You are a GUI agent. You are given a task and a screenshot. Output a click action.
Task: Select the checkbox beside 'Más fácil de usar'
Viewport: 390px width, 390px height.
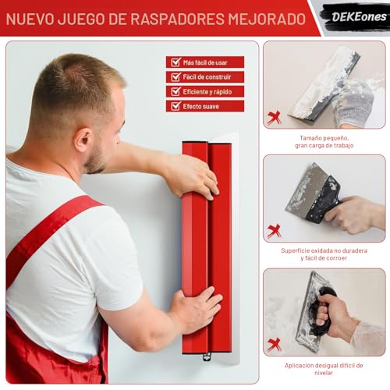[175, 62]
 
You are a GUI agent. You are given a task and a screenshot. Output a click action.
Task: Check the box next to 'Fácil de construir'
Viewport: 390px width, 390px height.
[175, 76]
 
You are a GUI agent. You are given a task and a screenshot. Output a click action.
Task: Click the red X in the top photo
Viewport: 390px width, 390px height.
[275, 117]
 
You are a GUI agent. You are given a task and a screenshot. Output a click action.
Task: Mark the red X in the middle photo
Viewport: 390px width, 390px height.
[275, 230]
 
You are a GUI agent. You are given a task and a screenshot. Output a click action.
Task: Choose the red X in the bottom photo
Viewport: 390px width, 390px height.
[275, 344]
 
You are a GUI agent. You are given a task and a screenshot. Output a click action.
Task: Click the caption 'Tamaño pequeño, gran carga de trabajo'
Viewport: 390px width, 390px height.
[324, 141]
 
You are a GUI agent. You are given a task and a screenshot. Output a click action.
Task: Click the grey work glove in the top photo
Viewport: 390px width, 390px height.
[355, 101]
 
